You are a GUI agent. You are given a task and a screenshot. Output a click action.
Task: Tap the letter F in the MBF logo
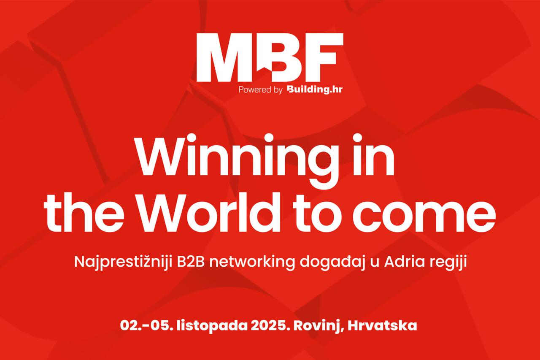click(x=323, y=57)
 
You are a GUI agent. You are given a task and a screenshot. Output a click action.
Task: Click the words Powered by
click(x=260, y=90)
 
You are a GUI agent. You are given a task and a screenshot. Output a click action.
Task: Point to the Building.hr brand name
click(x=315, y=89)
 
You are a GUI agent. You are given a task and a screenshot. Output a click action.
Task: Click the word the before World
click(x=84, y=212)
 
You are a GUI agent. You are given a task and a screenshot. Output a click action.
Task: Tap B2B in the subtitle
click(x=191, y=262)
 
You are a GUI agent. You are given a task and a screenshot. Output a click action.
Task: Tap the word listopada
click(x=212, y=326)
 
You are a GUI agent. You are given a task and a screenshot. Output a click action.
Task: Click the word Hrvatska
click(x=382, y=325)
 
